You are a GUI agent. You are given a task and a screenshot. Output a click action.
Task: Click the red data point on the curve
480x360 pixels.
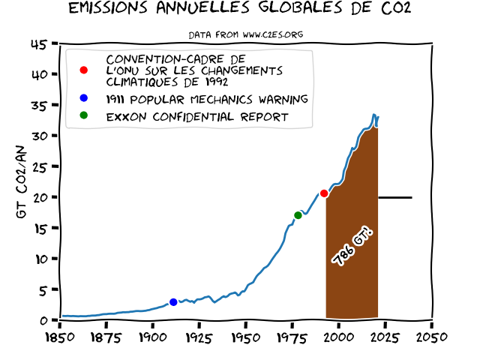coord(324,193)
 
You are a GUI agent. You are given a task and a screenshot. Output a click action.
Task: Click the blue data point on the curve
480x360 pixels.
coord(173,302)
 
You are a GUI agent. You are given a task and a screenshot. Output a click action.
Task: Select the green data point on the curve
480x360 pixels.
coord(298,215)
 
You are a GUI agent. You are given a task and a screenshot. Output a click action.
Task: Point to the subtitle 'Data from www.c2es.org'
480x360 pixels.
coord(245,34)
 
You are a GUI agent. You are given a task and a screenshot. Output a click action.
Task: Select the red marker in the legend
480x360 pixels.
coord(83,70)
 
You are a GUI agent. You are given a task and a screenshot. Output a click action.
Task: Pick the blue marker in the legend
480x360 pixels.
coord(83,99)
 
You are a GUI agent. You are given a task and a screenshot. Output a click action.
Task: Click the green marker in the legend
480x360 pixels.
coord(83,116)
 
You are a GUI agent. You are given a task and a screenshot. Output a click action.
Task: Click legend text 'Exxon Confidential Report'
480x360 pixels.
coord(197,117)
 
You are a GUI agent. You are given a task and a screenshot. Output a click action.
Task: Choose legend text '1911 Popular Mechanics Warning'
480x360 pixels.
coord(207,99)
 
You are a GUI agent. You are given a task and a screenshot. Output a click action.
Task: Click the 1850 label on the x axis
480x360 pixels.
coord(59,335)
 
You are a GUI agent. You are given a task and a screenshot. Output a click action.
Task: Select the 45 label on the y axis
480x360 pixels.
coord(39,44)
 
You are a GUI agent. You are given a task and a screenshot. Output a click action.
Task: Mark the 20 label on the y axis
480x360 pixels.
coord(39,197)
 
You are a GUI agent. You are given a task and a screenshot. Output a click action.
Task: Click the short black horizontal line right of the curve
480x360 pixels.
coord(395,197)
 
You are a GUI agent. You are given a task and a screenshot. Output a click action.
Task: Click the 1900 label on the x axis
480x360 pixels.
coord(152,335)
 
